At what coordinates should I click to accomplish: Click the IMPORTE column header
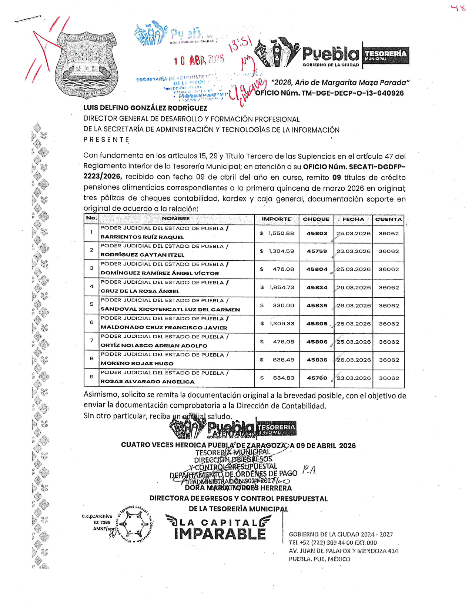point(276,219)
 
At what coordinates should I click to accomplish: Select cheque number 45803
point(317,234)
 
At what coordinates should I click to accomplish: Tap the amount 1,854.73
point(282,287)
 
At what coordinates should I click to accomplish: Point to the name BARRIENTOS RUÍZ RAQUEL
point(142,237)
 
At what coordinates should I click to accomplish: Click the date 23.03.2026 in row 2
point(354,251)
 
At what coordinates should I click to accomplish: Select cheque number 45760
point(317,378)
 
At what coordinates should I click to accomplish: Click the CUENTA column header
point(388,219)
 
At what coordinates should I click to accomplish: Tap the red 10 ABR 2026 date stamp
point(199,60)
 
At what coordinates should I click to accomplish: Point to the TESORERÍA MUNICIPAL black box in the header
point(386,56)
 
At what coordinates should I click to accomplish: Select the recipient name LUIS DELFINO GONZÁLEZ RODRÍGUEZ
point(145,108)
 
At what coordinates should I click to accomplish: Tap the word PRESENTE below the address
point(106,140)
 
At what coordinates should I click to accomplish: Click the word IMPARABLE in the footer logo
point(220,534)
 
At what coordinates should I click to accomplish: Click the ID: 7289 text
point(102,522)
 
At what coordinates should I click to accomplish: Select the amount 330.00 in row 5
point(283,305)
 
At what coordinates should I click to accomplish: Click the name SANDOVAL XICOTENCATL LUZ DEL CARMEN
point(170,310)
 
